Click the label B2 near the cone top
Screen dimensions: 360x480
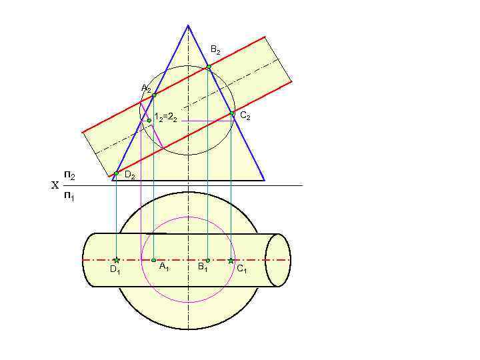pyautogui.click(x=215, y=50)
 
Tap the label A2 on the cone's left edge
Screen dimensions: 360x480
pyautogui.click(x=146, y=89)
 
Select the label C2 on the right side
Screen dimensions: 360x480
pyautogui.click(x=245, y=116)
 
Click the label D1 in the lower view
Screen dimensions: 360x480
pyautogui.click(x=115, y=270)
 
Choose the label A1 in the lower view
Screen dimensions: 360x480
pyautogui.click(x=164, y=267)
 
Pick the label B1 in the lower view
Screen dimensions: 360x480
pyautogui.click(x=202, y=268)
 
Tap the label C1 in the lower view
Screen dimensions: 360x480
pyautogui.click(x=242, y=269)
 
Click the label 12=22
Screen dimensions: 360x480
pyautogui.click(x=165, y=117)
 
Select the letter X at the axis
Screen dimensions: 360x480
pyautogui.click(x=55, y=186)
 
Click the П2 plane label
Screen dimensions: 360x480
pyautogui.click(x=69, y=175)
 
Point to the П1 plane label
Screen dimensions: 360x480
pyautogui.click(x=69, y=197)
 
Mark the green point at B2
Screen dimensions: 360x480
pyautogui.click(x=208, y=67)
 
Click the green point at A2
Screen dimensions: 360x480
pyautogui.click(x=154, y=95)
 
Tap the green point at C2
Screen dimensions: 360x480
pyautogui.click(x=232, y=114)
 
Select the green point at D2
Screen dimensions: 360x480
pyautogui.click(x=116, y=173)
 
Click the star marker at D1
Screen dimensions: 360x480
pyautogui.click(x=116, y=260)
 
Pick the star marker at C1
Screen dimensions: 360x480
pyautogui.click(x=231, y=260)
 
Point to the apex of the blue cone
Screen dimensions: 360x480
pyautogui.click(x=188, y=25)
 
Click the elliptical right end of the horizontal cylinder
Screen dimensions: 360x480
pyautogui.click(x=278, y=260)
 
